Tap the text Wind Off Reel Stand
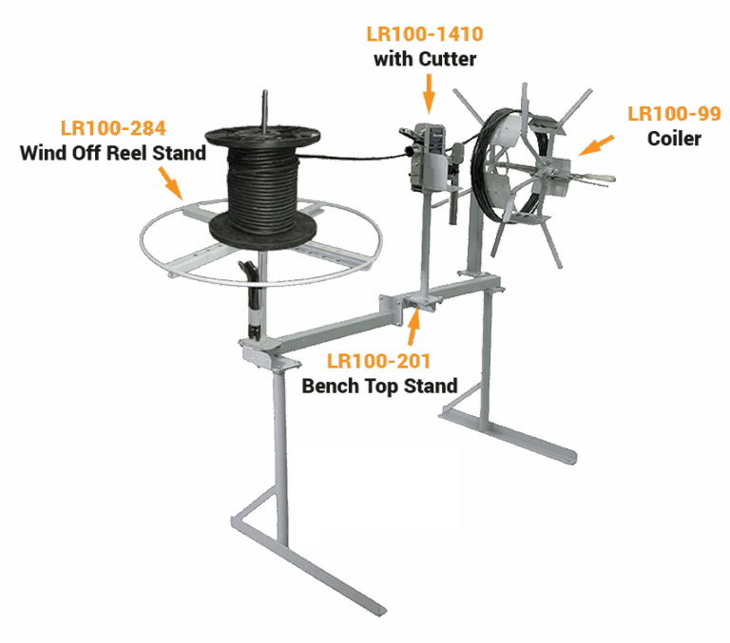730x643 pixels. point(112,152)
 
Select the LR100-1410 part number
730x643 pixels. point(424,35)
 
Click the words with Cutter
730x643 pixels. point(424,59)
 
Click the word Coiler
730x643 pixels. point(674,139)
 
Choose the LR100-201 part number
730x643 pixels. point(378,362)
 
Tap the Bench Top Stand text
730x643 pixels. point(379,386)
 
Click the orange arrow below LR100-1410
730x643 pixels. point(427,93)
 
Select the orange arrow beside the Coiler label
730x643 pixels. point(597,144)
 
